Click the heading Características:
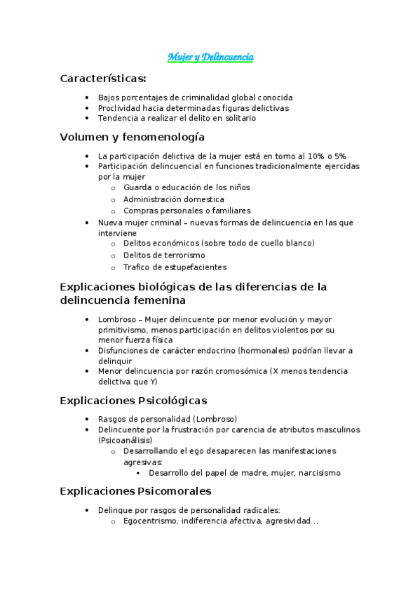click(x=103, y=78)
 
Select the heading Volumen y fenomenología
click(x=133, y=137)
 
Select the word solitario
click(x=236, y=119)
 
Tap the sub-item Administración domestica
click(x=174, y=199)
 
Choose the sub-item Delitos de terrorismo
click(x=164, y=255)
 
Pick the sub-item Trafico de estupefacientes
click(x=175, y=267)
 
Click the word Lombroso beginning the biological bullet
click(x=115, y=319)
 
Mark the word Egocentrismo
click(x=149, y=521)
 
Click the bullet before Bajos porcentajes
click(x=86, y=98)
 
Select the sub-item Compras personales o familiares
click(x=187, y=210)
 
